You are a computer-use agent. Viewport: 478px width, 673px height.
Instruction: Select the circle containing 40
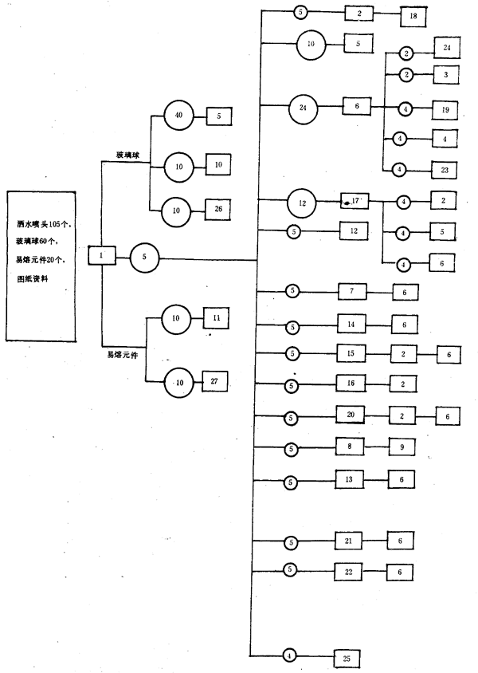[178, 116]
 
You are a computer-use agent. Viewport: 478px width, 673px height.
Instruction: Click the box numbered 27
[215, 382]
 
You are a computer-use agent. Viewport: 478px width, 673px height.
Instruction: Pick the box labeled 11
[216, 318]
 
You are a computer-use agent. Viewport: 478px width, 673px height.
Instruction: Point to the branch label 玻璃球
[127, 155]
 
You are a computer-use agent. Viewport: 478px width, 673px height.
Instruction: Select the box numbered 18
[413, 14]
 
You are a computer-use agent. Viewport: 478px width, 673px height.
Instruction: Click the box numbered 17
[355, 201]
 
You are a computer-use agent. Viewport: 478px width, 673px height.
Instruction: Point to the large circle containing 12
[303, 202]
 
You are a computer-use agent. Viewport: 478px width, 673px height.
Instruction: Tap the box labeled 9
[402, 448]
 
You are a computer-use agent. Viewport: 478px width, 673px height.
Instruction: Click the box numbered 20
[351, 416]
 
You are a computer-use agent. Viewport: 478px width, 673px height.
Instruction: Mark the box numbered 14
[351, 325]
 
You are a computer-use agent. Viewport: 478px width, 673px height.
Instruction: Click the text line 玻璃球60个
[41, 240]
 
